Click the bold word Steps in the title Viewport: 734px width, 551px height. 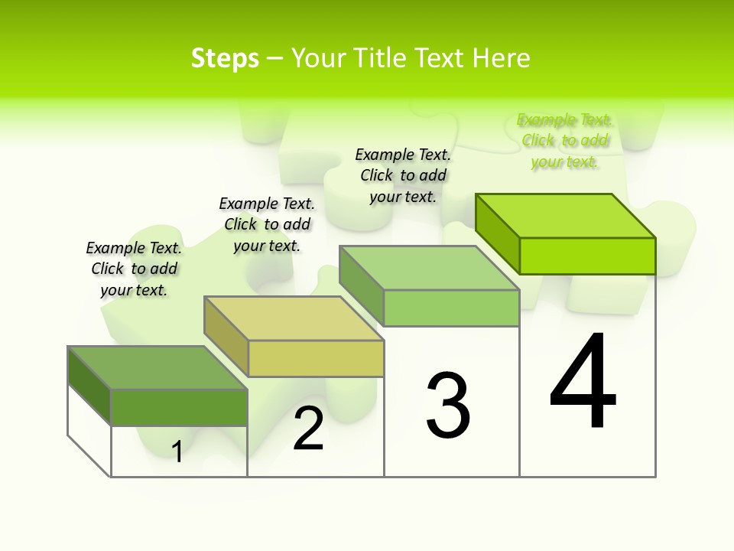pos(225,58)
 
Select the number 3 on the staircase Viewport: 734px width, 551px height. pos(447,406)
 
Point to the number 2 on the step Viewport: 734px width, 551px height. pos(308,429)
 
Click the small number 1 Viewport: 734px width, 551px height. pos(177,452)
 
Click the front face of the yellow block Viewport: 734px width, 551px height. pos(316,358)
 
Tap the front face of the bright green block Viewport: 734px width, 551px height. pos(587,256)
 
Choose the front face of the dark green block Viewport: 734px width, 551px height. pos(179,407)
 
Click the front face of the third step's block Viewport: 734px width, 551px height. pos(451,308)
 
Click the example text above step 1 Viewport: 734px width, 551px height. pos(134,269)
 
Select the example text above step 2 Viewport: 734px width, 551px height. pos(267,224)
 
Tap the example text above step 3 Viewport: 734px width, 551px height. pos(403,175)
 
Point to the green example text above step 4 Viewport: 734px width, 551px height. pos(564,140)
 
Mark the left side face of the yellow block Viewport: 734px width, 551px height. pos(226,335)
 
